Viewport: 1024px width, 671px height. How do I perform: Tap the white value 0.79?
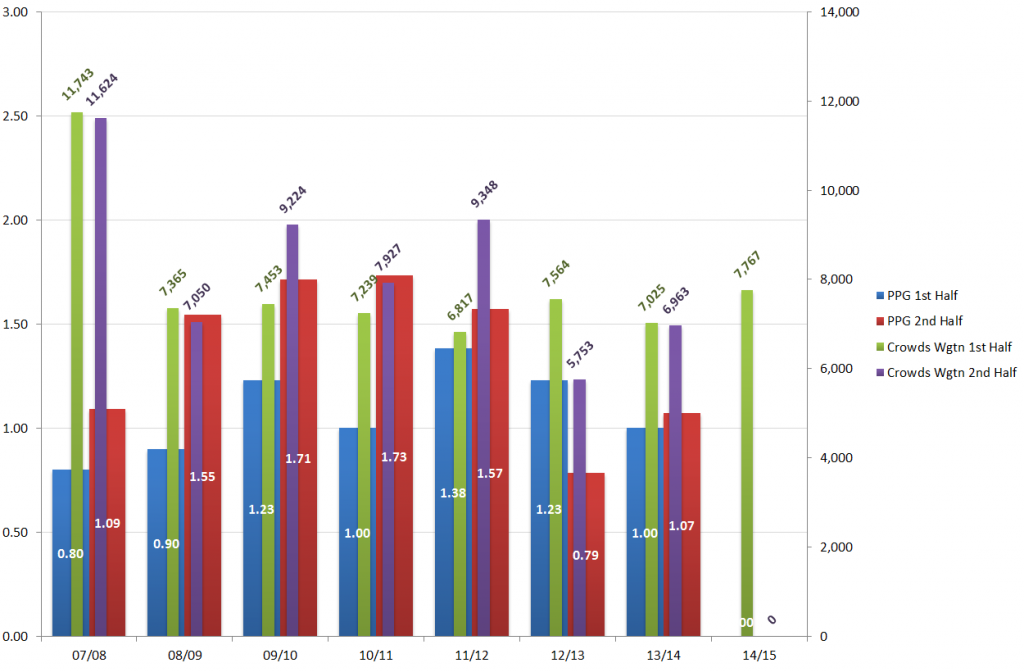coord(585,555)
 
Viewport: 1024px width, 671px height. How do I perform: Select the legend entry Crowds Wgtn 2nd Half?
coord(951,373)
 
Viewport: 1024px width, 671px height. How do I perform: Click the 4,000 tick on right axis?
coord(832,458)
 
